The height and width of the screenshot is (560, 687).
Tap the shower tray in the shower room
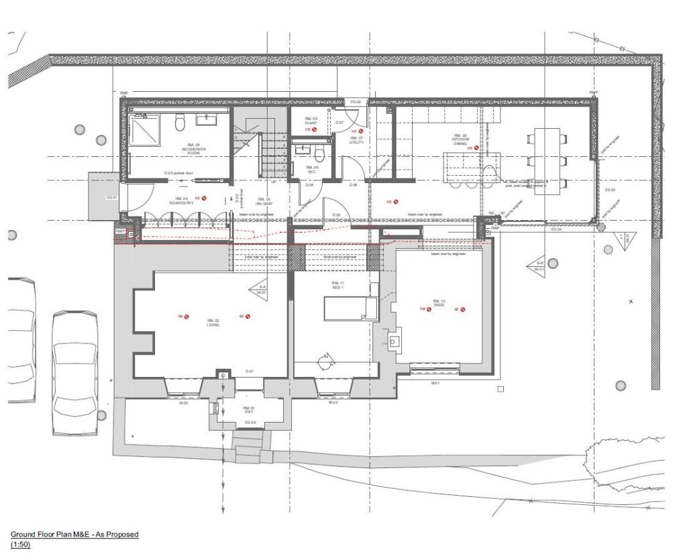point(144,129)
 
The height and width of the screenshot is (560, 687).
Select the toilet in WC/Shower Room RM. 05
point(180,123)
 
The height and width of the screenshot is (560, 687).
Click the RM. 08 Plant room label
point(311,121)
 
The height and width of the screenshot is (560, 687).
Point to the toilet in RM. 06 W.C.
point(321,155)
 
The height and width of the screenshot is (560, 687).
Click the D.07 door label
point(339,123)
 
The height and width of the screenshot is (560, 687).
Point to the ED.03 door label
point(610,190)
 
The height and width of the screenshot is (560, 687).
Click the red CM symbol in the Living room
point(183,317)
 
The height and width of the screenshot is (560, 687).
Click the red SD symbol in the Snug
point(459,310)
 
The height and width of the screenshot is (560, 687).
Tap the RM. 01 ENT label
point(249,409)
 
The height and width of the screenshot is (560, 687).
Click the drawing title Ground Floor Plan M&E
point(74,535)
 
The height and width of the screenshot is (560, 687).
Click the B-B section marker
point(539,266)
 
